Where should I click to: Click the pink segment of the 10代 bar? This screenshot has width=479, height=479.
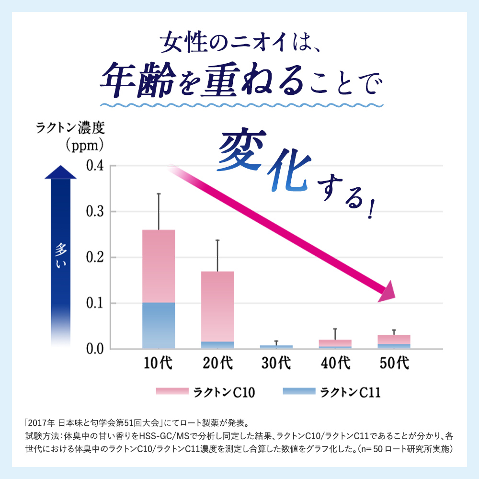(159, 266)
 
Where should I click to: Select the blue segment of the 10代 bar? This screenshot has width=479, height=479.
(159, 326)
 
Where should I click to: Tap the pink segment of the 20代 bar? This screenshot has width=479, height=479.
(217, 307)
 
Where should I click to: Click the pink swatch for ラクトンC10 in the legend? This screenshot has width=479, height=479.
(172, 392)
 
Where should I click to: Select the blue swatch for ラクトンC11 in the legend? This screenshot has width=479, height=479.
(299, 392)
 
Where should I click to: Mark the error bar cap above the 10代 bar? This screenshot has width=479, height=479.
(159, 194)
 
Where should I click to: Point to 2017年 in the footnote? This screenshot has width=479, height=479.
(42, 423)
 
